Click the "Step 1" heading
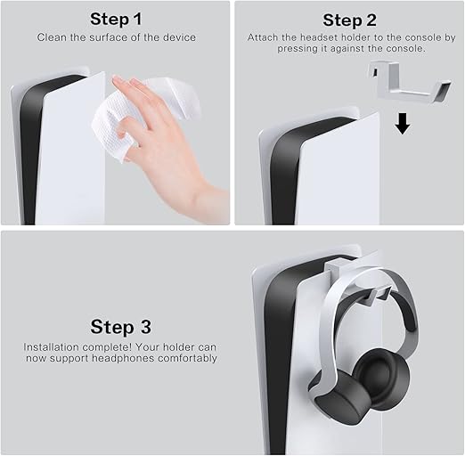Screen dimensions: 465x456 [x=116, y=20]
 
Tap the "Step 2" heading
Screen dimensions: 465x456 [x=349, y=20]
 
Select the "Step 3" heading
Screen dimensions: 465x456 [x=121, y=327]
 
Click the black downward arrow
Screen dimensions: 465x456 [x=403, y=124]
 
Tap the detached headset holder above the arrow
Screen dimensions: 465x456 [x=410, y=83]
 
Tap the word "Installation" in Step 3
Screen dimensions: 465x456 [x=51, y=347]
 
